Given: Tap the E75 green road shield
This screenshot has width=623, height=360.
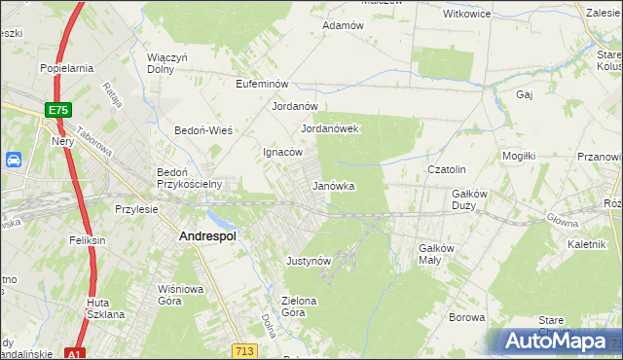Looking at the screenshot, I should click(x=57, y=111).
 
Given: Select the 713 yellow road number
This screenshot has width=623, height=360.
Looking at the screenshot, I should click(x=244, y=348).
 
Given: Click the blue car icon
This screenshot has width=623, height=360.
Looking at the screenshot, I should click(x=15, y=161).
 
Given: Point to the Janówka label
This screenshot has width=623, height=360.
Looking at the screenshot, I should click(x=333, y=185).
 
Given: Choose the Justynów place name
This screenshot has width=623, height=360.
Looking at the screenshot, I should click(x=310, y=261).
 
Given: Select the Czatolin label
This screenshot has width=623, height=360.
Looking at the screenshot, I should click(x=449, y=168).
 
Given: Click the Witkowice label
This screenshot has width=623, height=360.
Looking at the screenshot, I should click(x=466, y=15).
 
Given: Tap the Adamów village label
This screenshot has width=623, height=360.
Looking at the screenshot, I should click(x=343, y=25).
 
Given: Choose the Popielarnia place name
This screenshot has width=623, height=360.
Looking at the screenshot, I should click(x=66, y=68).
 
